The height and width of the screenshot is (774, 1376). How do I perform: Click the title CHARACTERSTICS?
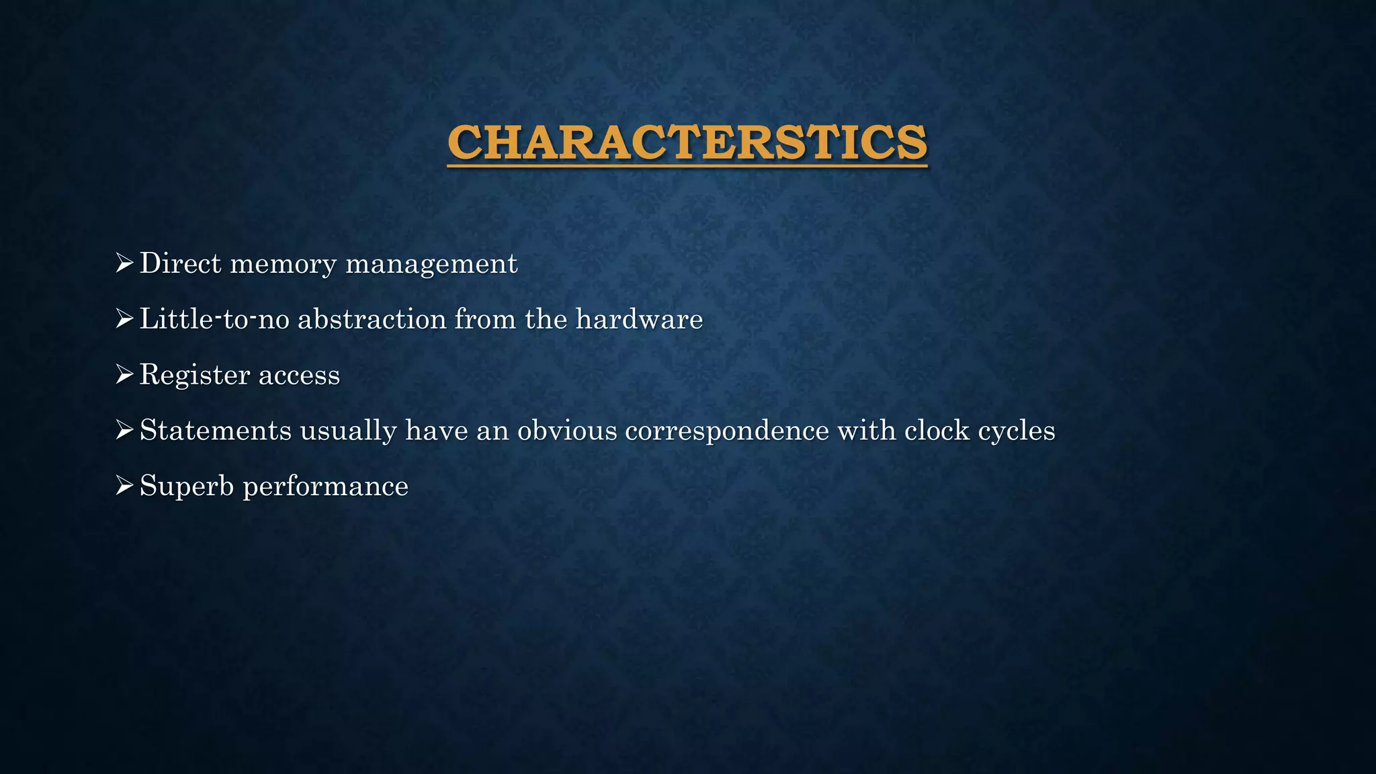click(x=687, y=142)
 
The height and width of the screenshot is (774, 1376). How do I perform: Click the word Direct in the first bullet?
click(x=180, y=263)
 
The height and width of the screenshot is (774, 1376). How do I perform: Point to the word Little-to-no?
click(x=214, y=319)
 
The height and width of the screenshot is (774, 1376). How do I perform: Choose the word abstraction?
click(x=372, y=319)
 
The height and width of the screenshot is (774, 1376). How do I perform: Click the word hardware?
click(x=639, y=319)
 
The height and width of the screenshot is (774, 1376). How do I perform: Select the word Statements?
click(x=216, y=431)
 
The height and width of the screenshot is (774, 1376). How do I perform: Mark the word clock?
click(x=937, y=431)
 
